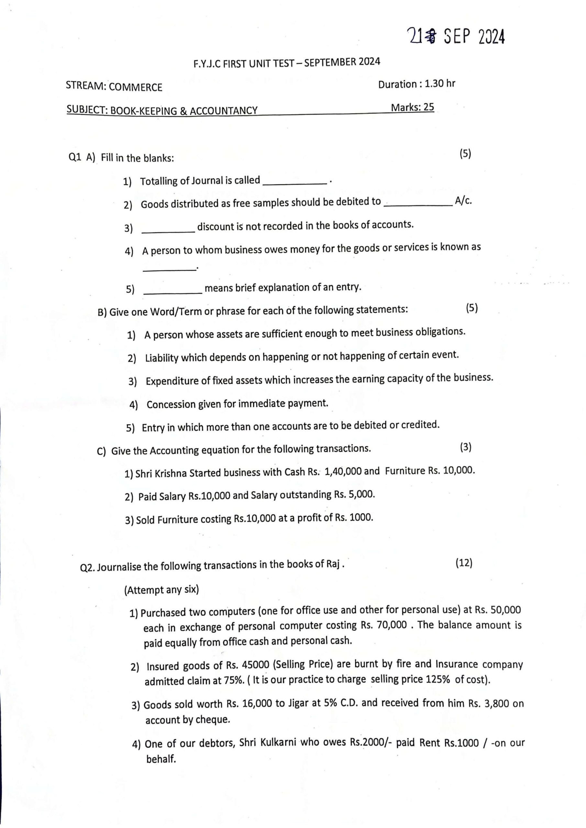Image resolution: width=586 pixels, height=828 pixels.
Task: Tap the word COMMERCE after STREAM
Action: (135, 87)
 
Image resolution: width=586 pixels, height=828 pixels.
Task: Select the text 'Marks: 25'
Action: (413, 107)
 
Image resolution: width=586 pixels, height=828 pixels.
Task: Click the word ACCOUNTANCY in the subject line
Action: (224, 110)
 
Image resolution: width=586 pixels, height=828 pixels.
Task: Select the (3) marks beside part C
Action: (466, 447)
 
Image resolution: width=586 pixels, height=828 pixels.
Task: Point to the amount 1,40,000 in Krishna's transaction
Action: (343, 471)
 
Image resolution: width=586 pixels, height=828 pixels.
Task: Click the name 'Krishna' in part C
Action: (171, 473)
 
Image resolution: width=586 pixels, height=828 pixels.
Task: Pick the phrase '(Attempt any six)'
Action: (161, 590)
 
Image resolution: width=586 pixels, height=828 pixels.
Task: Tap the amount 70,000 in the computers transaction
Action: (392, 625)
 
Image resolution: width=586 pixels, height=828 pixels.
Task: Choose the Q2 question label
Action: (87, 568)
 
